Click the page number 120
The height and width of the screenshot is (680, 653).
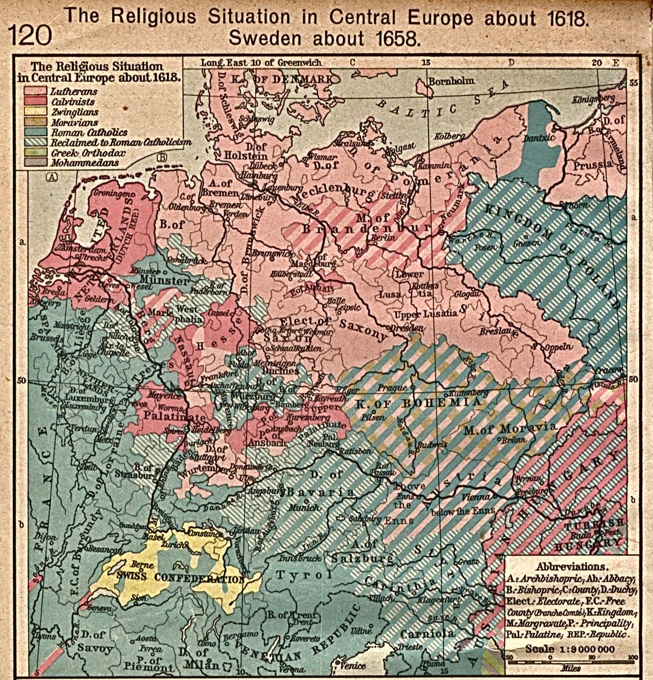pyautogui.click(x=30, y=35)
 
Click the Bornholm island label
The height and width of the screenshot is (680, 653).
pyautogui.click(x=451, y=81)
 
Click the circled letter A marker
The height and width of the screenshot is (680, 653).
pyautogui.click(x=51, y=176)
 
